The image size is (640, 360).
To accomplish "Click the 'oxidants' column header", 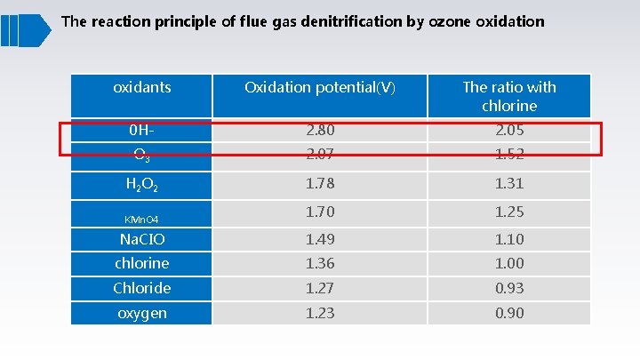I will (142, 87).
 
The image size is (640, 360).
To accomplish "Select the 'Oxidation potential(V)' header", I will (320, 87).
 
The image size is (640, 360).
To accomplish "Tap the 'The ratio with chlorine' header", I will (509, 96).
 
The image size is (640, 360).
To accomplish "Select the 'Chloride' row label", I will (142, 288).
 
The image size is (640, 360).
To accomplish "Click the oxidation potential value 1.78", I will (320, 184).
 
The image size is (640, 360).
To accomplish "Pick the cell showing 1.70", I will (320, 212).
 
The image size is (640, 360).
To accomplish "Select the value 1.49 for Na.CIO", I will (320, 239).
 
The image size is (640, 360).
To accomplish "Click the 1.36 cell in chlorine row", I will (320, 263).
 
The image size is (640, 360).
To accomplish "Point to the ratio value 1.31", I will (509, 184).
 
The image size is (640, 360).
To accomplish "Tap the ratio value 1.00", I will (509, 263).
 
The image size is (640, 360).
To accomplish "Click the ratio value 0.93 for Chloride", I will (509, 288).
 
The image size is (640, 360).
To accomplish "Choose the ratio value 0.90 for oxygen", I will (509, 313).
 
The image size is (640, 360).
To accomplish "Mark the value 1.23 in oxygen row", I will (320, 313).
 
